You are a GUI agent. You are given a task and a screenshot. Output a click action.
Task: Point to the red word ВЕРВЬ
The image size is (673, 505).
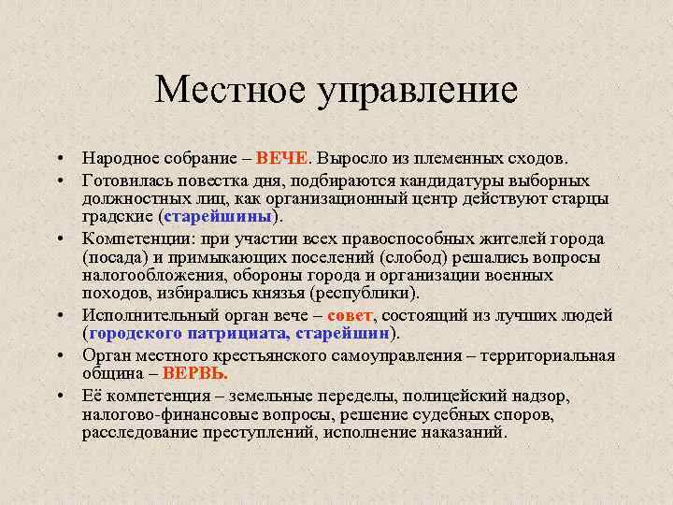click(195, 373)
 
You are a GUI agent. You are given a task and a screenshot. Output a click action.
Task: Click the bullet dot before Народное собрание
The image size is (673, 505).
click(58, 160)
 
